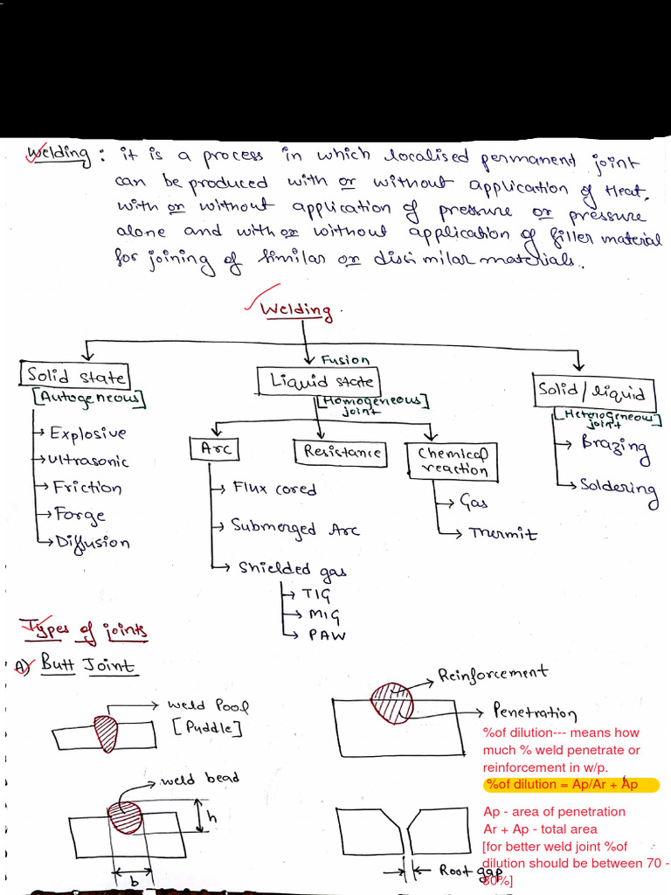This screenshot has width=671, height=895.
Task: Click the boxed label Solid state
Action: coord(76,378)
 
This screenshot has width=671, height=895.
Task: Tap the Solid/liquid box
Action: coord(594,391)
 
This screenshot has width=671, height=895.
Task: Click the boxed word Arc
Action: coord(214,448)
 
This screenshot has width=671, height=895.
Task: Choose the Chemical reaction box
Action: coord(453,461)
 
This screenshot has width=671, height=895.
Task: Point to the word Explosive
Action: coord(87,434)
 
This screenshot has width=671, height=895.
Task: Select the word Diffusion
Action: coord(92,542)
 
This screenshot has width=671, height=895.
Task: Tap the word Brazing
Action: coord(615,447)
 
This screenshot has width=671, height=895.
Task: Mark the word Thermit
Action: coord(503,534)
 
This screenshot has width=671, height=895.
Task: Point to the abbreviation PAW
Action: coord(327,635)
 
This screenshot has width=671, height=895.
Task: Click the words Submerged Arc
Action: coord(294,528)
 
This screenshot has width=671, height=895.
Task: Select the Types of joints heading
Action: coord(84,629)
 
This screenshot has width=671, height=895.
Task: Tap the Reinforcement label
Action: coord(493,673)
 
